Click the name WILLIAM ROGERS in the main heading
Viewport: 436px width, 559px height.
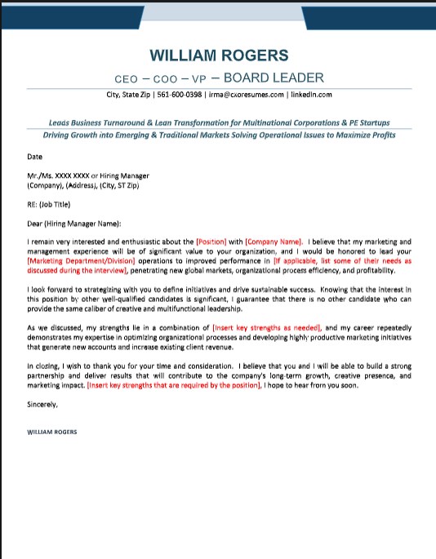click(x=219, y=55)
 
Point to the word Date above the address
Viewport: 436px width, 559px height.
click(x=34, y=156)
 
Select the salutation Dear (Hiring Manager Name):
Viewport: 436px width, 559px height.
click(x=74, y=223)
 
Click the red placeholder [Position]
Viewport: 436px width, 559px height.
click(x=211, y=242)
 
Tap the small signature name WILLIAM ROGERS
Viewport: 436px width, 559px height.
click(x=52, y=432)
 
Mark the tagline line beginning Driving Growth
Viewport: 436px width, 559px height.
click(x=218, y=135)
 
